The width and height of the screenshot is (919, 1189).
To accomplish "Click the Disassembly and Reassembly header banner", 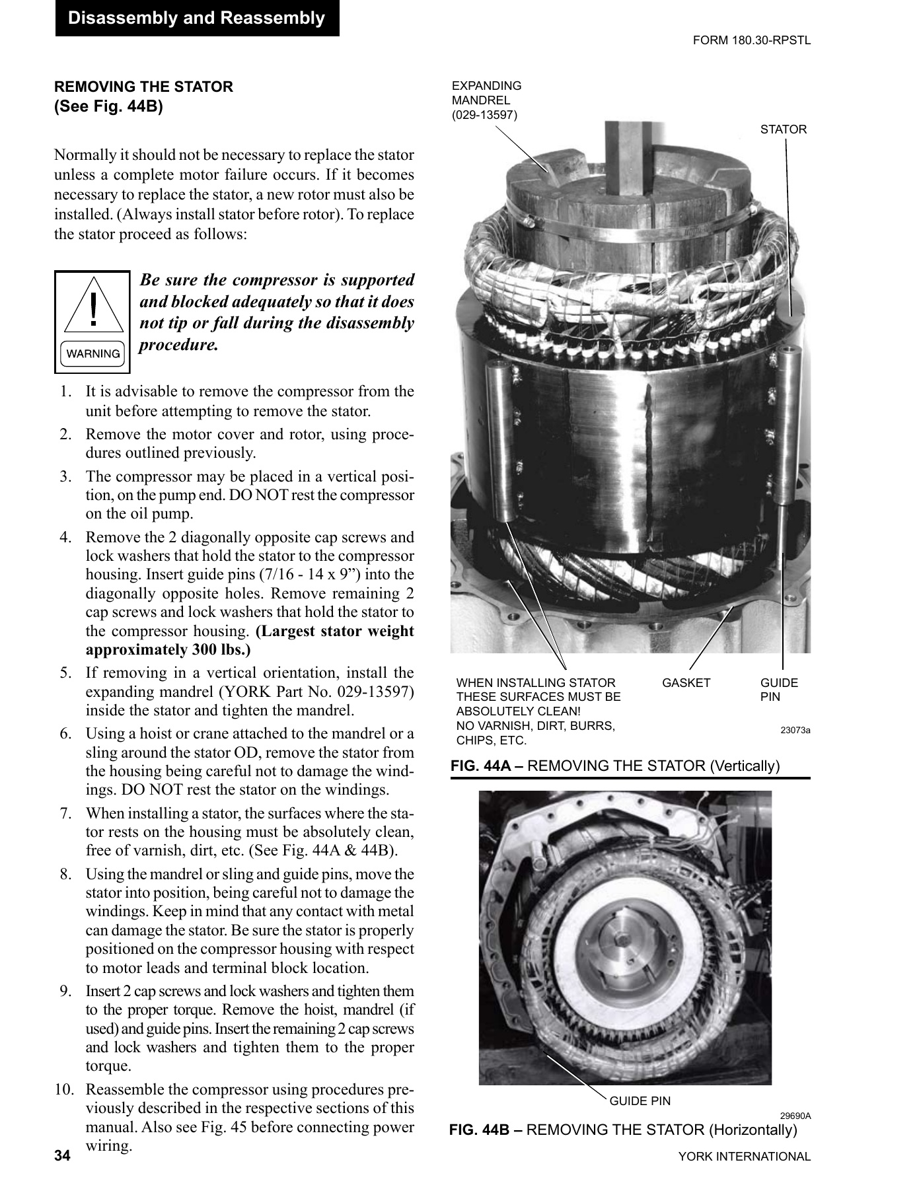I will coord(196,18).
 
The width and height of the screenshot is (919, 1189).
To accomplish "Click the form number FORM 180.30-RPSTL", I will coord(751,40).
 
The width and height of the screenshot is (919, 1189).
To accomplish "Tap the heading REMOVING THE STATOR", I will coord(143,87).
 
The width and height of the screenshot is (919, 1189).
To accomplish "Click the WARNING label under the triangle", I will coord(93,354).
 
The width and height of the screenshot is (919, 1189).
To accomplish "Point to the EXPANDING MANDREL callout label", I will coord(486,100).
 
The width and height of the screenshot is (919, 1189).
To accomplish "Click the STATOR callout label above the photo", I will coord(783,129).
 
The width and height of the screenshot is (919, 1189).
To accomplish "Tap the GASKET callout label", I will coord(686,683).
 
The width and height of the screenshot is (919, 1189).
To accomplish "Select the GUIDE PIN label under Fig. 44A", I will coord(779,690).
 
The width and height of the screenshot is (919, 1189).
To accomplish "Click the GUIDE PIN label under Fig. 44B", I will coord(640,1101).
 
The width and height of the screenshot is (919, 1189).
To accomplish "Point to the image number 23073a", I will coord(795,730).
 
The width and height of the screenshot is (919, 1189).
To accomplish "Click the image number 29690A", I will coord(795,1116).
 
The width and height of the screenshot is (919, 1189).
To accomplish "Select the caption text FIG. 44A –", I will coord(487,766).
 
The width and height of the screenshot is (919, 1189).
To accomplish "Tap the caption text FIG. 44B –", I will coord(486,1130).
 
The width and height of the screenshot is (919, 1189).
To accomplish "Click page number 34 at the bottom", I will coord(62,1156).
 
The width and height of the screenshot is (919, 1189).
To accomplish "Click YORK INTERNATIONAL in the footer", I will coord(744,1157).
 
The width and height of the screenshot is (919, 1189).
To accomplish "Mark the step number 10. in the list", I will coord(67,1089).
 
